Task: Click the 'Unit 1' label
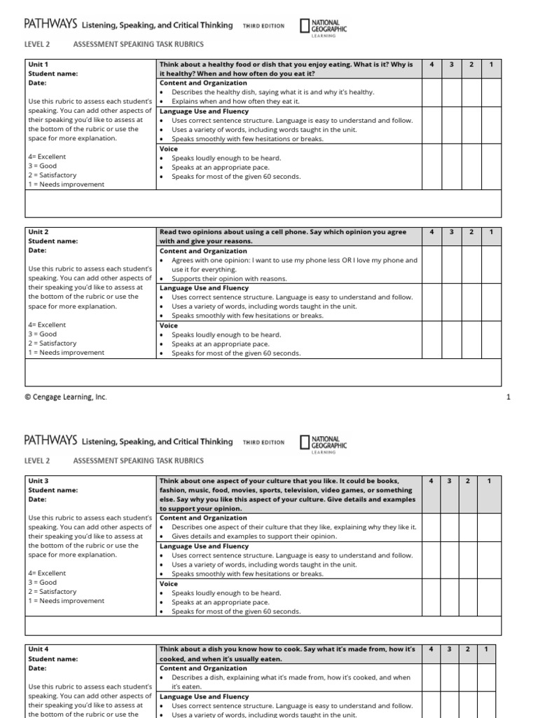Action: coord(37,65)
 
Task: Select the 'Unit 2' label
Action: coord(37,231)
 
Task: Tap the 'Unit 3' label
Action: coord(37,481)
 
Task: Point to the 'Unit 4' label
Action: coord(37,649)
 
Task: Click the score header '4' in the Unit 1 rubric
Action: coord(432,65)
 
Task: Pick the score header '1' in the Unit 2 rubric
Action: coord(491,231)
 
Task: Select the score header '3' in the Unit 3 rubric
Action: coord(452,481)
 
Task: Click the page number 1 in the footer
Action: coord(509,398)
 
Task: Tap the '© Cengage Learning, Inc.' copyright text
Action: coord(66,398)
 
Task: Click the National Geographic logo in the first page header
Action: coord(323,27)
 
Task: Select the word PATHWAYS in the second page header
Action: coord(50,442)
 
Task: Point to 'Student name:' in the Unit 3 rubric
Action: coord(53,490)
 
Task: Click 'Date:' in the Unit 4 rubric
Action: coord(37,668)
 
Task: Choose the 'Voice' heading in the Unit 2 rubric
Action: coord(169,325)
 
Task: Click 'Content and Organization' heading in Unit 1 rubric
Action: coord(203,83)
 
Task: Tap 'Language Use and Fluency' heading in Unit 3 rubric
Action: coord(204,546)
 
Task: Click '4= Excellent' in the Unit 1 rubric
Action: coord(47,157)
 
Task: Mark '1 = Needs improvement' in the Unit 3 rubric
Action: coord(66,601)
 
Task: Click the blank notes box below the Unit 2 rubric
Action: coord(263,372)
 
